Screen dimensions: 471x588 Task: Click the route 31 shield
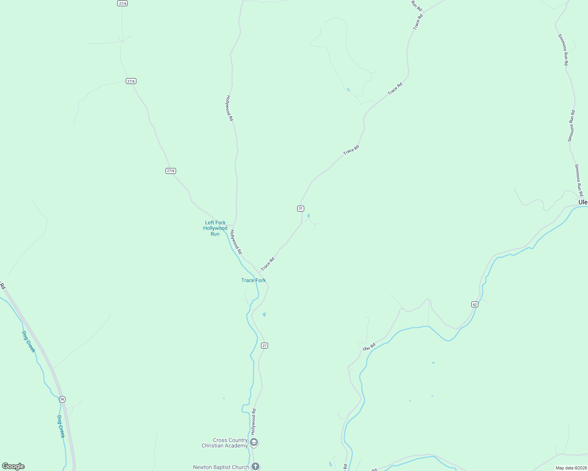click(301, 208)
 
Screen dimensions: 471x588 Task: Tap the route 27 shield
click(265, 345)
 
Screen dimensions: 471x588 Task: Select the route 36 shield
click(62, 399)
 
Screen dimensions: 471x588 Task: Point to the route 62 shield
click(475, 304)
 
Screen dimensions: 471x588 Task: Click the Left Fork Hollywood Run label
click(215, 228)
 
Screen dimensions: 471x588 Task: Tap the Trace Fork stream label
click(254, 280)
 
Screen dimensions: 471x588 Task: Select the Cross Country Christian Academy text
click(225, 443)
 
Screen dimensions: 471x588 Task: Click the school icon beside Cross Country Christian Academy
click(254, 443)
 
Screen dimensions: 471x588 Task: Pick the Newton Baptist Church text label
click(221, 467)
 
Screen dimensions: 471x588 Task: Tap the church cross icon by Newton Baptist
click(255, 466)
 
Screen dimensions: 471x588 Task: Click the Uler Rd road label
click(369, 347)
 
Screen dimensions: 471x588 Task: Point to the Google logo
click(13, 466)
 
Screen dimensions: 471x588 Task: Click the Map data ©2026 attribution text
click(571, 468)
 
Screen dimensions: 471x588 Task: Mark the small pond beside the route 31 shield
click(309, 216)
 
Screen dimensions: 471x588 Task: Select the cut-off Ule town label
click(583, 202)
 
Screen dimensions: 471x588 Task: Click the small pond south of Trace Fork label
click(264, 314)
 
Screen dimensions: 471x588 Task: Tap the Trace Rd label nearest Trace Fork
click(268, 264)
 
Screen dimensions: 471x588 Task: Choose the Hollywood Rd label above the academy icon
click(254, 421)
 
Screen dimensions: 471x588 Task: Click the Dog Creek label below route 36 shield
click(61, 426)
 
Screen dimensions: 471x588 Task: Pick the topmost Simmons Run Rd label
click(563, 49)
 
